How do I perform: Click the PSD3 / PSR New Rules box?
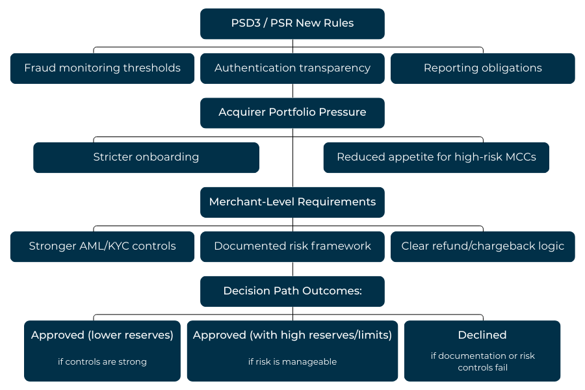click(x=292, y=23)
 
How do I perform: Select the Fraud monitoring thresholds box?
click(x=102, y=68)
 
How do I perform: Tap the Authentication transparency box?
click(x=292, y=68)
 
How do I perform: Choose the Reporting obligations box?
click(x=482, y=68)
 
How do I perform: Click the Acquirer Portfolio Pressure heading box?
click(x=292, y=112)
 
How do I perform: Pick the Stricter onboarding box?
click(x=146, y=157)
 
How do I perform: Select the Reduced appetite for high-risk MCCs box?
click(x=436, y=157)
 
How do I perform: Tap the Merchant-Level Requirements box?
click(x=292, y=202)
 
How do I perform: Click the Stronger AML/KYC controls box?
click(x=102, y=246)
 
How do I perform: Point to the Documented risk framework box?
click(x=292, y=246)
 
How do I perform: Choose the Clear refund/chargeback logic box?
click(x=482, y=246)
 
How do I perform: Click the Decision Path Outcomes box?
click(x=292, y=291)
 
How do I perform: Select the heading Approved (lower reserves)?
click(x=102, y=335)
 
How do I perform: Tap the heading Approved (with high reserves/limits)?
click(x=292, y=335)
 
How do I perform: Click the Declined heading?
click(x=482, y=335)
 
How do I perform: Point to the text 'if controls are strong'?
click(x=102, y=361)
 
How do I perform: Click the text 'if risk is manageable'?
click(x=292, y=361)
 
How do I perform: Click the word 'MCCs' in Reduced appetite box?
click(x=520, y=157)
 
